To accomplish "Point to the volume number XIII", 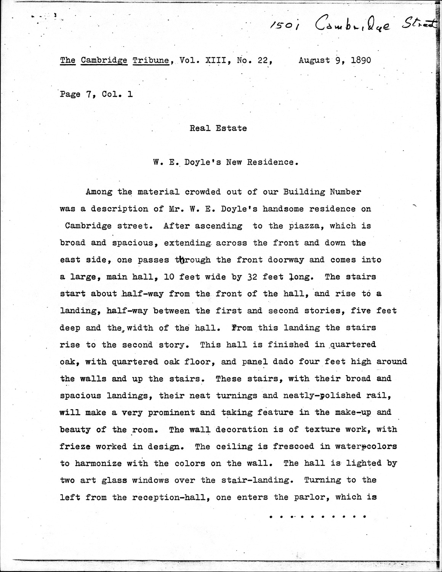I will point(211,60).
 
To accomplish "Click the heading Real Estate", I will point(218,128).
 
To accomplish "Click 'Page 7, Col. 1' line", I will point(96,94).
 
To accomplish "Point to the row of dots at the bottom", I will point(317,517).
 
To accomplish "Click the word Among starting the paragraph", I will point(99,192).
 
